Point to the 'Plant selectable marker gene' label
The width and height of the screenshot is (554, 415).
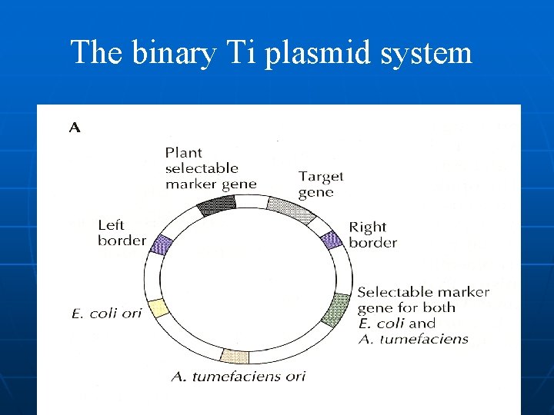point(210,168)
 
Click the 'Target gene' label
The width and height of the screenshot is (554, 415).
point(321,184)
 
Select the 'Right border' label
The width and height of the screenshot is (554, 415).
point(373,234)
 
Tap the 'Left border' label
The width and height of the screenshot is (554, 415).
point(122,233)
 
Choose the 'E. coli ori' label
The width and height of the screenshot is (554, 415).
point(106,314)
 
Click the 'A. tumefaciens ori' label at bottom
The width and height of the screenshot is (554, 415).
point(238,376)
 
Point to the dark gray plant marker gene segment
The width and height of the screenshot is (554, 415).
point(216,204)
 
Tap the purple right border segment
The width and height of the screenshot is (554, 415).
point(331,239)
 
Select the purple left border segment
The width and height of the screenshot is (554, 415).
point(162,244)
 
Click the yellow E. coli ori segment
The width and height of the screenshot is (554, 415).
point(158,308)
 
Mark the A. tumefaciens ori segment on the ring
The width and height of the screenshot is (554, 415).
point(234,356)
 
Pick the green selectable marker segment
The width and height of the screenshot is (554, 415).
point(334,310)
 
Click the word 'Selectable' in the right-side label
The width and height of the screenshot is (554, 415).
point(391,292)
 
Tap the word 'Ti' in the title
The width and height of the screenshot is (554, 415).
point(235,53)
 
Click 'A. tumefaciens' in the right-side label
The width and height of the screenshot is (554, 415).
point(413,339)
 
